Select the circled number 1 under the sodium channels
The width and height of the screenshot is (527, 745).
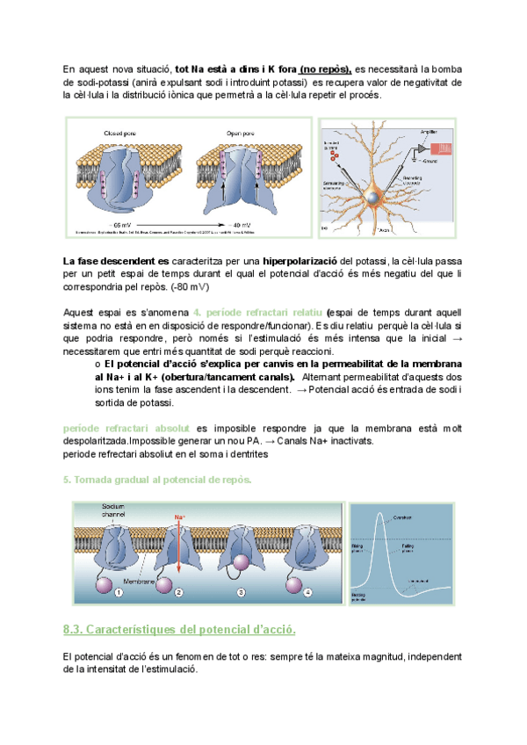[x=118, y=593]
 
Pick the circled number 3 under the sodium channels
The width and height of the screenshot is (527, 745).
[x=242, y=593]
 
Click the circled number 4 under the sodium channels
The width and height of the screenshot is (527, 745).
[x=307, y=593]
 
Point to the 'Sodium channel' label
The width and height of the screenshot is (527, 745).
[x=114, y=512]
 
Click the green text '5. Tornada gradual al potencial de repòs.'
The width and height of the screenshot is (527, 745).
[x=158, y=479]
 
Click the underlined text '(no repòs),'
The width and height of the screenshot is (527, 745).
[x=325, y=69]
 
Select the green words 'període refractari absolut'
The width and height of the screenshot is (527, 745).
[x=127, y=427]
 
